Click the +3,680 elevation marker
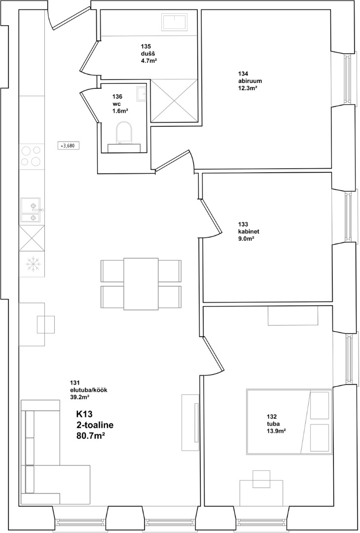tap(69, 146)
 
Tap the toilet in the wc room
tap(124, 137)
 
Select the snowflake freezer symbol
tap(32, 264)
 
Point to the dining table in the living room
tap(141, 284)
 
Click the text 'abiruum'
tap(250, 81)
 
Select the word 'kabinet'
tap(249, 231)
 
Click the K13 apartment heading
tap(84, 415)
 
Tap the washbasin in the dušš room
tap(174, 22)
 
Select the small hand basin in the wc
tap(141, 93)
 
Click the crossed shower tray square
tap(174, 101)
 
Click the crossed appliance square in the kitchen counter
tap(32, 238)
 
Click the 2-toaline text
tap(95, 424)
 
